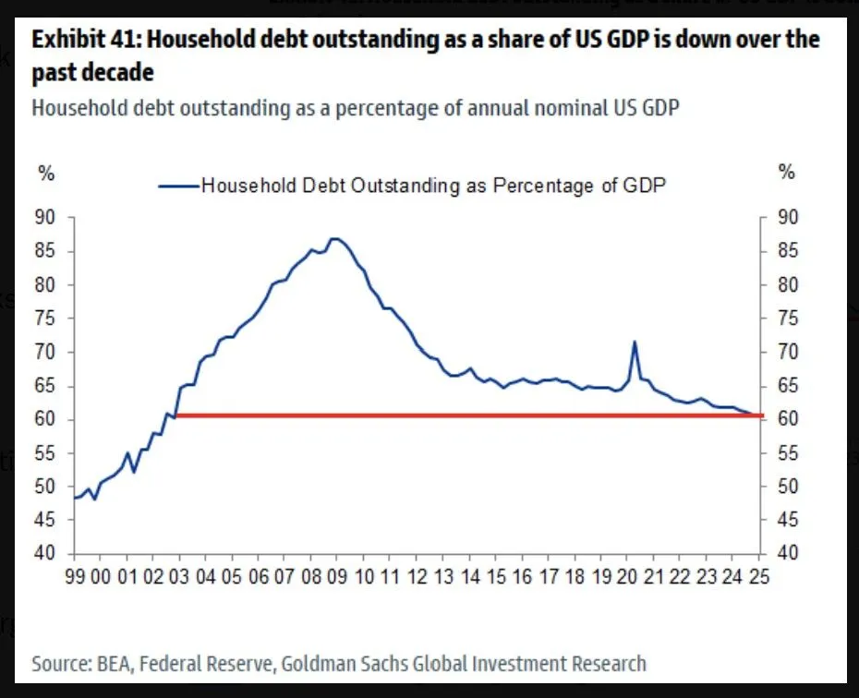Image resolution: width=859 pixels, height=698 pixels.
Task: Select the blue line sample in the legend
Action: [x=177, y=185]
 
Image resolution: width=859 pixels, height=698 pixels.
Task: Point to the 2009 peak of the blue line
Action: [x=334, y=238]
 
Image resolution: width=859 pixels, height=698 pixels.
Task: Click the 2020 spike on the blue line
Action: [x=635, y=343]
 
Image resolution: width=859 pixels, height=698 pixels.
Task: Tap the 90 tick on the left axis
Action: [x=45, y=218]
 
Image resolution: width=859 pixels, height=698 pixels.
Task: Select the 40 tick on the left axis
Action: [x=45, y=554]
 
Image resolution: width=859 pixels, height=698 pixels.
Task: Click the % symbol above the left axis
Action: [x=44, y=173]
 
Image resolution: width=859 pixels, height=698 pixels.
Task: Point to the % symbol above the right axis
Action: [x=786, y=173]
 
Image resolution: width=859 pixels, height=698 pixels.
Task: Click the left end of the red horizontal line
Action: [x=175, y=415]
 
